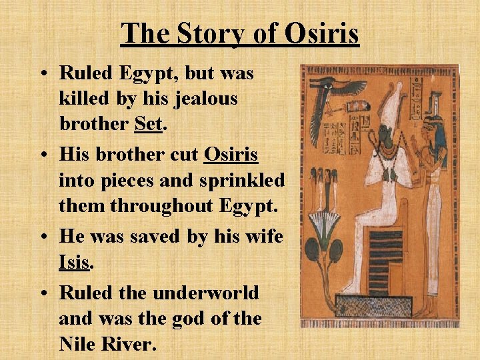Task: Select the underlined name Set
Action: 148,125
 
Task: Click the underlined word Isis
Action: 74,262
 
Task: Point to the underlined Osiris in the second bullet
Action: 231,155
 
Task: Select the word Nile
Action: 77,344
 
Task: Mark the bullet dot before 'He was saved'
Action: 47,237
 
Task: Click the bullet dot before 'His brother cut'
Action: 47,155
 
